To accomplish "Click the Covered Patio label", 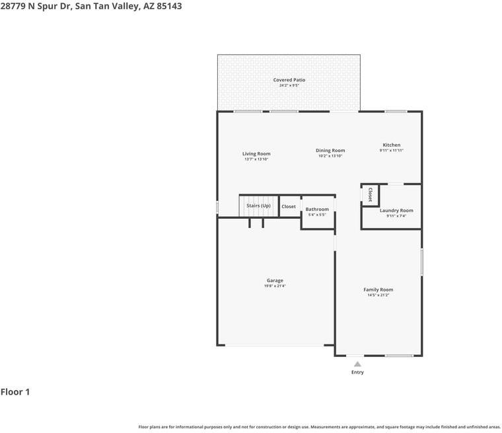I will coord(289,80).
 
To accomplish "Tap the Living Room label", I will coord(257,154).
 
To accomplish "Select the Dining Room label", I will coord(330,151).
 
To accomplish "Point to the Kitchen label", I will coord(391,145).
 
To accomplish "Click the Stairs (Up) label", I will coord(258,206).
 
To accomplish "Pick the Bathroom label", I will coord(317,210).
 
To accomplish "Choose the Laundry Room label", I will coord(396,210).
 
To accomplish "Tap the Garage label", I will coord(275,280).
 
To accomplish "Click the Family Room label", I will coord(378,290).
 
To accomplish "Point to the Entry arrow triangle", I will coord(357,364).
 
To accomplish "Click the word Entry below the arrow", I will coord(357,372).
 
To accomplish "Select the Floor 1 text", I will coord(15,392).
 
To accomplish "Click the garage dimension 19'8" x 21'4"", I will coord(275,286).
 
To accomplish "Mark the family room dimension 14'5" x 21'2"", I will coord(378,295).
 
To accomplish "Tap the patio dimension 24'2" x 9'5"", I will coord(289,85).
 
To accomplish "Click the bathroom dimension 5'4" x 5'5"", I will coord(317,215).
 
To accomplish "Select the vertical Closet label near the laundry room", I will coord(370,194).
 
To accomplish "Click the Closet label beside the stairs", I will coord(289,206).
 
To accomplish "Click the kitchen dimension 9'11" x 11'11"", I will coord(391,151).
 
